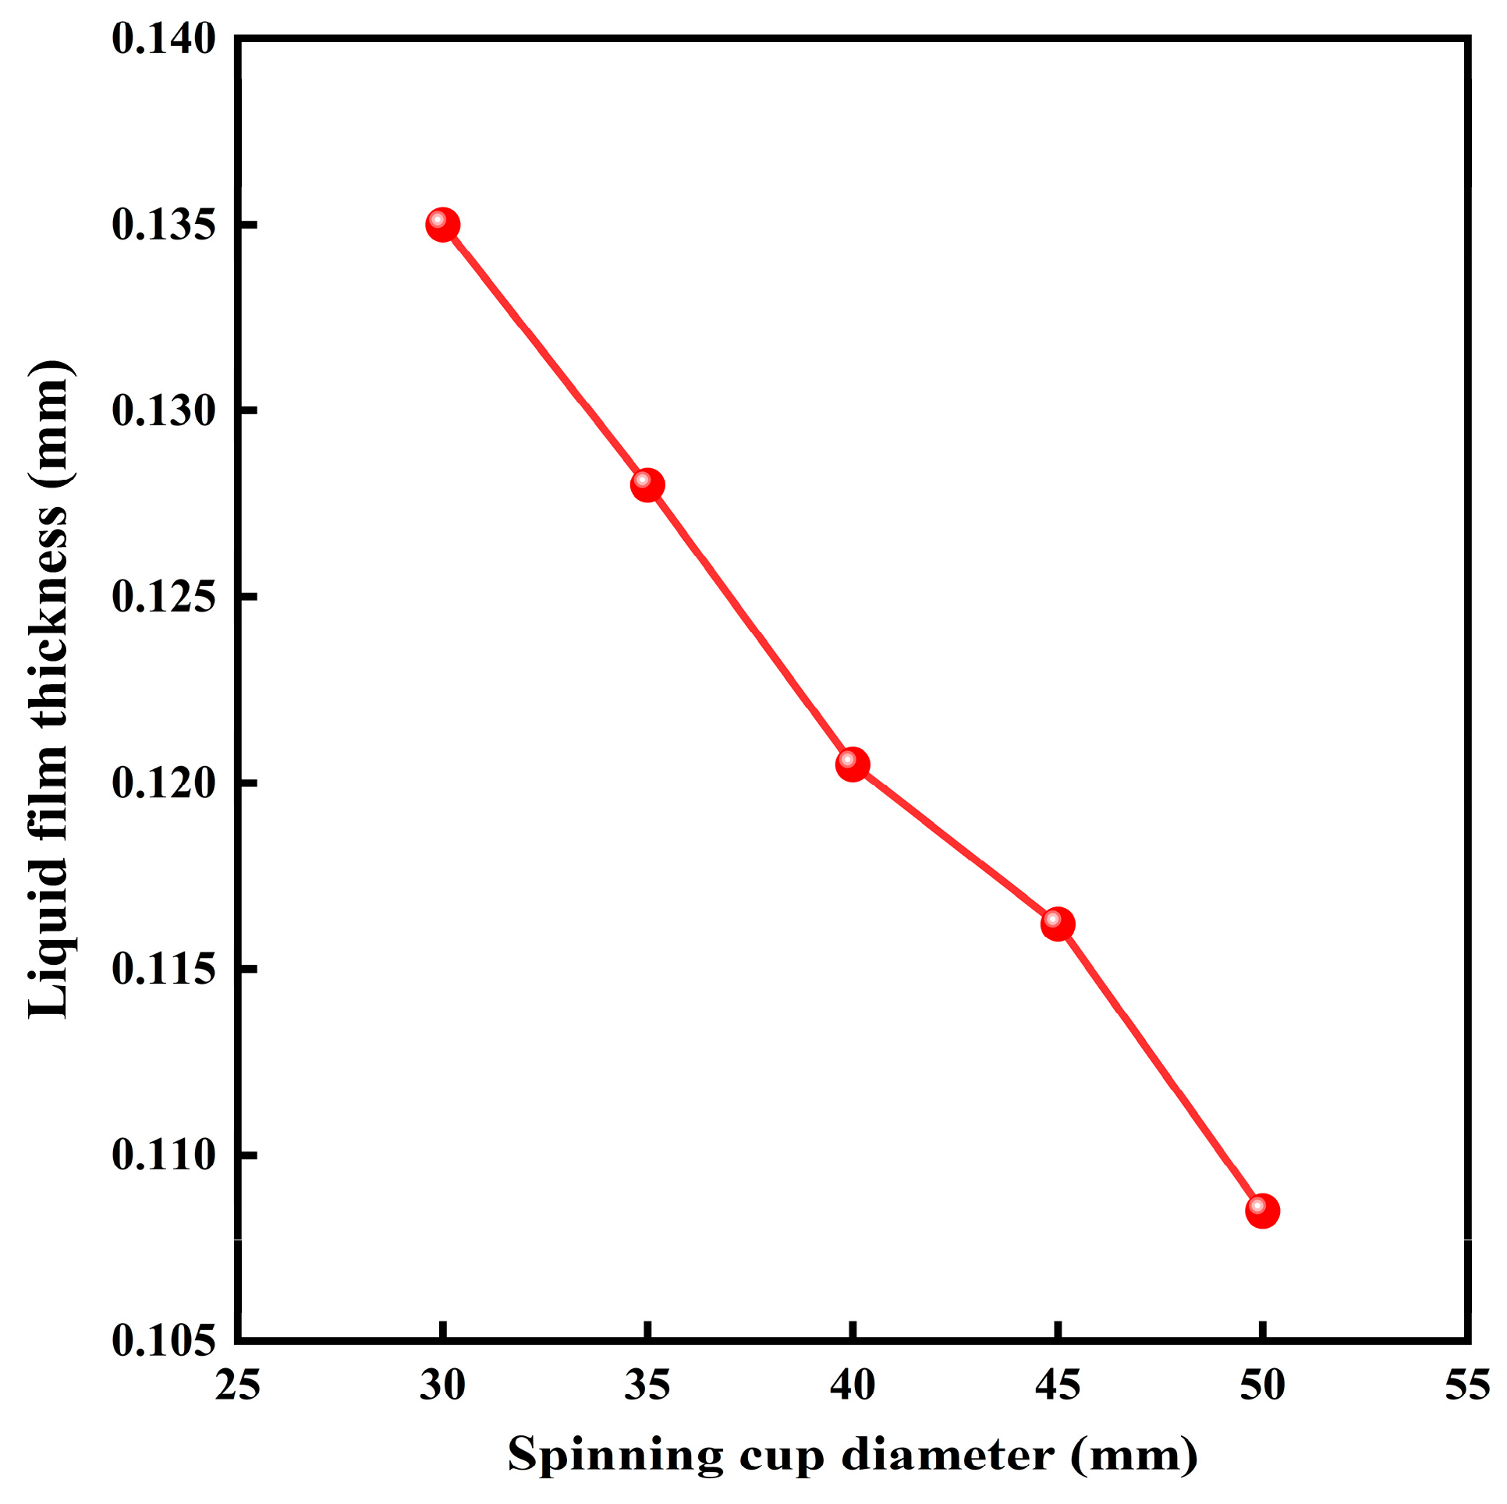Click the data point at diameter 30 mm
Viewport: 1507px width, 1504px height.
click(442, 225)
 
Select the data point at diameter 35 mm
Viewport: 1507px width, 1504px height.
click(647, 485)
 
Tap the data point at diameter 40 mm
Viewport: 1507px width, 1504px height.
click(853, 764)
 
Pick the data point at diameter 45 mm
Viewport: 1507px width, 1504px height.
click(1058, 924)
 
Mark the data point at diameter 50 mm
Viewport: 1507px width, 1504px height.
click(1262, 1211)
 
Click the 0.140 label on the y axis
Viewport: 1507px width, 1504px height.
click(164, 39)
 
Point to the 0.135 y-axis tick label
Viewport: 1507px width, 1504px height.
click(164, 225)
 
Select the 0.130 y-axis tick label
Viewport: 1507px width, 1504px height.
click(164, 411)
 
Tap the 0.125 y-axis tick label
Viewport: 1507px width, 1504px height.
click(164, 598)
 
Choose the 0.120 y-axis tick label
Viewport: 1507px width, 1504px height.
click(164, 783)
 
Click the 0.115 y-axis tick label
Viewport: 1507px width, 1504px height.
click(164, 970)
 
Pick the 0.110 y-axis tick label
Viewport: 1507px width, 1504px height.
click(164, 1155)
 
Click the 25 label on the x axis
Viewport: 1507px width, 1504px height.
click(238, 1386)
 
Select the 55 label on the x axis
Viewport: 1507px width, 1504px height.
click(1467, 1386)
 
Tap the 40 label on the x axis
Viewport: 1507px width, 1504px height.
click(853, 1386)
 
